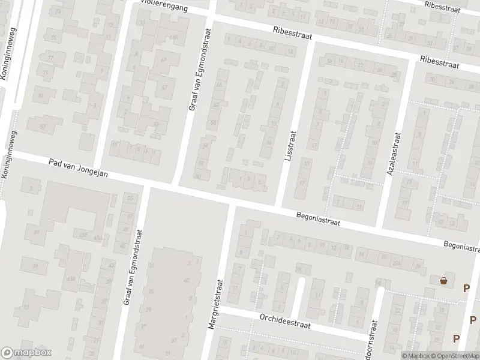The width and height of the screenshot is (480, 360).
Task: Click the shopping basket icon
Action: pos(443,280)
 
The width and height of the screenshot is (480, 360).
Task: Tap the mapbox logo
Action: pos(26,353)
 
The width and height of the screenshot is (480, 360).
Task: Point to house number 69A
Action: pos(174,37)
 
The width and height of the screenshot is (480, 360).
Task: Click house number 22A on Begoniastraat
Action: pos(396,262)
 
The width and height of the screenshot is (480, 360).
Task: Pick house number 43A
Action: pos(71,278)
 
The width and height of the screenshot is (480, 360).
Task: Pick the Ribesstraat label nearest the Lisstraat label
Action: pos(293,32)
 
